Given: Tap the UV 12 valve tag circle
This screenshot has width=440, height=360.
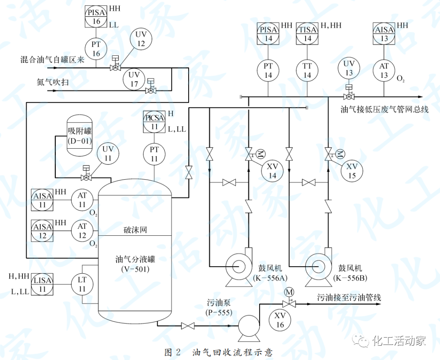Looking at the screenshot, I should coord(141,40).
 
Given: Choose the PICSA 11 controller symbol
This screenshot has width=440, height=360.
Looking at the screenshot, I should coord(154,121).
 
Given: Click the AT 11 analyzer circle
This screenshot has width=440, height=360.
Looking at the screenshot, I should coord(82,200).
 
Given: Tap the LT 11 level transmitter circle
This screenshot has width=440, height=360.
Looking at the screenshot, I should coord(82,284).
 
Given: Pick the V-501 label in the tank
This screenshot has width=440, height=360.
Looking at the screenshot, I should coord(135,269).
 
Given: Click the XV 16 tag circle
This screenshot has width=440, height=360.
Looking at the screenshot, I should coord(280,320).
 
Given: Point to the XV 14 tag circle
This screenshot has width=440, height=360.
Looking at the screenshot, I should coord(272,171).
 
